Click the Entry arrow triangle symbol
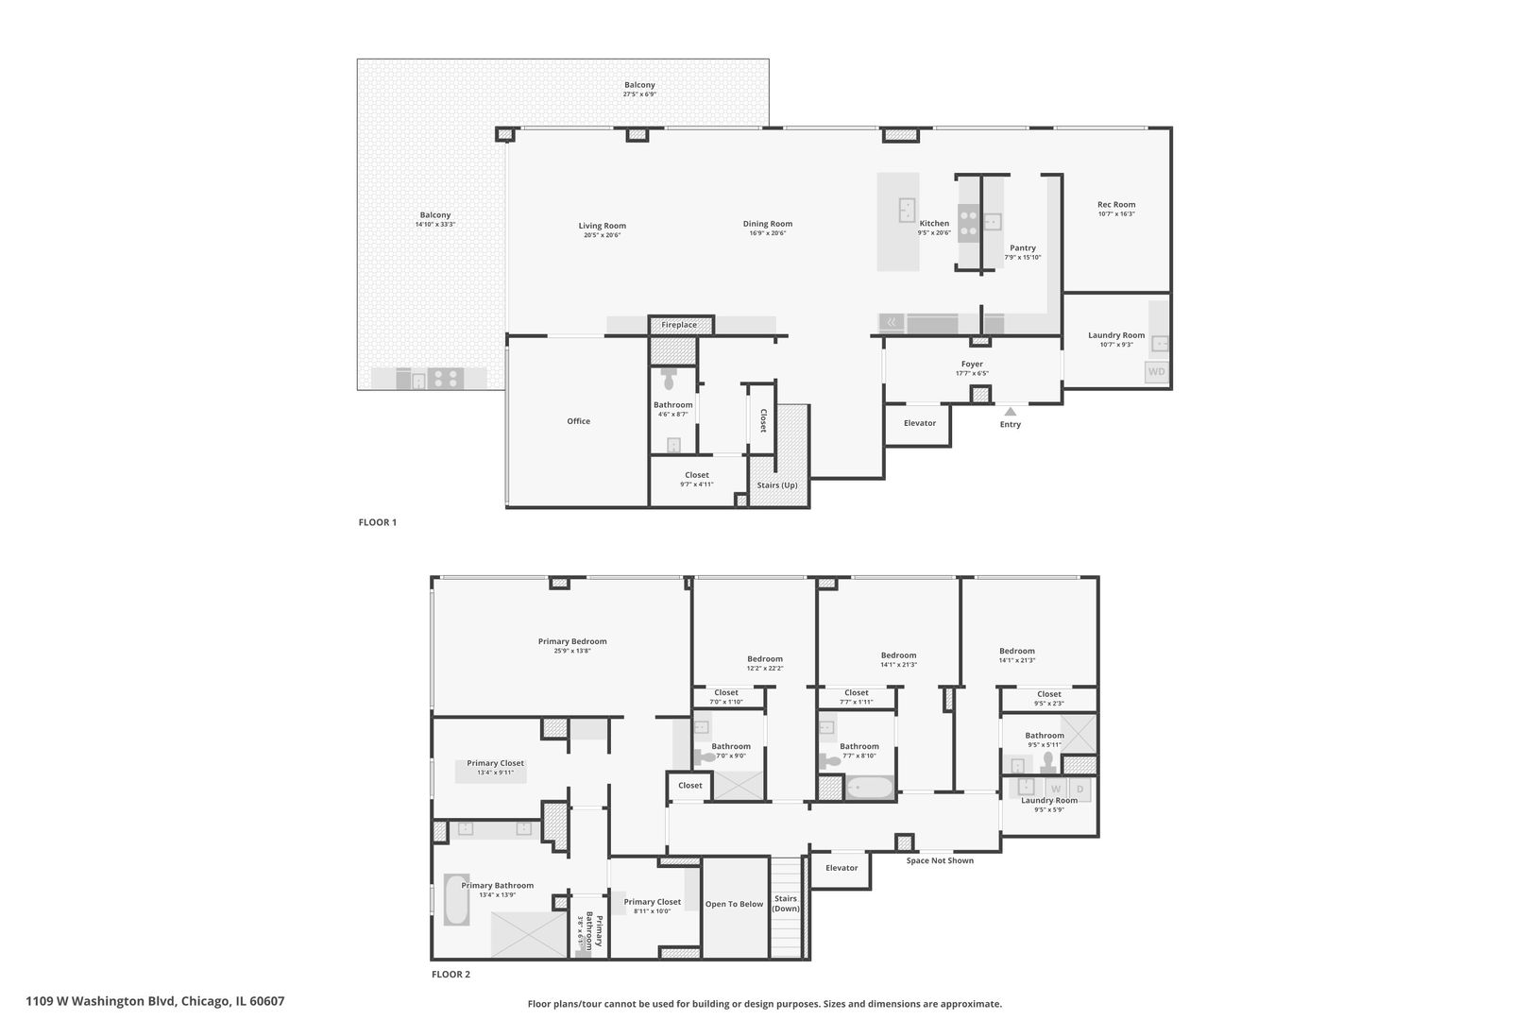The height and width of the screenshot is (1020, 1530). point(1010,411)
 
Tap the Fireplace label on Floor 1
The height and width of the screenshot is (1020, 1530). point(678,325)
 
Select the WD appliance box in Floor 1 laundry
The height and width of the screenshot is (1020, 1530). point(1156,372)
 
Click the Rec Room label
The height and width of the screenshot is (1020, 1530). point(1115,204)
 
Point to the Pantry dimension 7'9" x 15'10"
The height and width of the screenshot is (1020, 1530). point(1022,257)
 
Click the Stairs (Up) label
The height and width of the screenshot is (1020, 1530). point(777,485)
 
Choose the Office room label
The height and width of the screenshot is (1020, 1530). point(578,421)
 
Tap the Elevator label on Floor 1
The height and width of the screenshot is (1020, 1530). point(919,423)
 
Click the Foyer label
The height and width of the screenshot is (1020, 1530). point(972,364)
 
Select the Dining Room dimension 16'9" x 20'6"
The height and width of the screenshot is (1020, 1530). point(767,233)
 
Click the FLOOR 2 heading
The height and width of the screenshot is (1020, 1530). point(450,975)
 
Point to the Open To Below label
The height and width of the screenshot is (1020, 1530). point(734,904)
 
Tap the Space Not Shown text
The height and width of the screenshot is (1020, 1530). point(940,860)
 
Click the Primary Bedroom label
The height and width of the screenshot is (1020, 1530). point(572,641)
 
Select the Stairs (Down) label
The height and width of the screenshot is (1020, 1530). point(786,904)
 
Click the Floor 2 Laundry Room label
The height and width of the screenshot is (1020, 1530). point(1048,800)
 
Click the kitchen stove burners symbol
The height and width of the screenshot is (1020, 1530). point(968,223)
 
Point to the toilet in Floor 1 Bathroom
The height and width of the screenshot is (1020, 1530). point(670,380)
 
